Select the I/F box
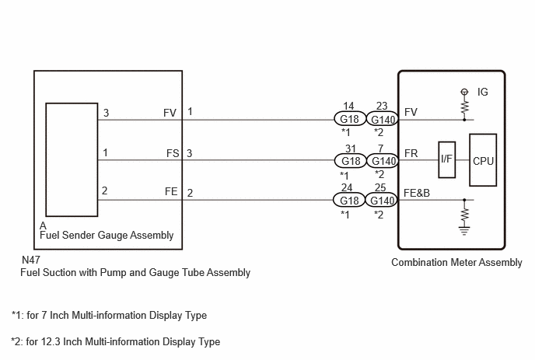446,161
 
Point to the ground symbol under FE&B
464,229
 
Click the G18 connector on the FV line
350,121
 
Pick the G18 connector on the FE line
350,200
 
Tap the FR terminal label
411,153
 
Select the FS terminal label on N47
172,153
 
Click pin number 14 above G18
349,106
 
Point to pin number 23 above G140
382,106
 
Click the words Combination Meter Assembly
456,263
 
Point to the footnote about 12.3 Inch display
116,341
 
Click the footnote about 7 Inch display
109,316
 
